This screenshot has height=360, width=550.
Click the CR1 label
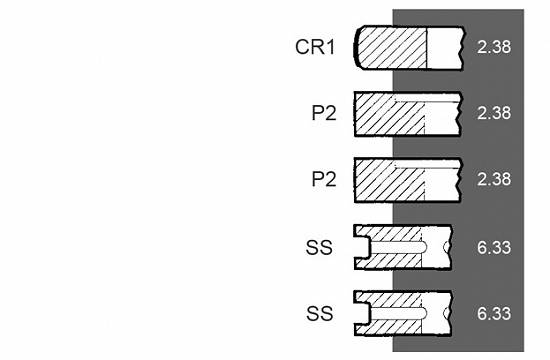pos(315,47)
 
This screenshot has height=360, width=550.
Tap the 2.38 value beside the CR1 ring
pos(494,47)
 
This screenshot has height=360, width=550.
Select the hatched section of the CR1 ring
pos(392,48)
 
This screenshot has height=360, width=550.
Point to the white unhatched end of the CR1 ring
pos(445,48)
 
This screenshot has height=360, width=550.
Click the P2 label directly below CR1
pos(324,113)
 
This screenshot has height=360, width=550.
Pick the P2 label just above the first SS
pos(324,179)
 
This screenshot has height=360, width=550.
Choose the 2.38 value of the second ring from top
pos(494,113)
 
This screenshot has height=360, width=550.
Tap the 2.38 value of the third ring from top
pos(494,179)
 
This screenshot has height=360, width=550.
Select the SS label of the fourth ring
pos(319,247)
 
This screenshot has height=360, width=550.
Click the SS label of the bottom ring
pos(319,313)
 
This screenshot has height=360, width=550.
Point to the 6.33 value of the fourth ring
pos(494,247)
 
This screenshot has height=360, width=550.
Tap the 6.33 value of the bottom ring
pos(494,313)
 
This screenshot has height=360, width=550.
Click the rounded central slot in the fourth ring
pos(398,247)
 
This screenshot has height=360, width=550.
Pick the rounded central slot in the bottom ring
pos(398,313)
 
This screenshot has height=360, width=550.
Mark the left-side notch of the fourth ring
pos(362,247)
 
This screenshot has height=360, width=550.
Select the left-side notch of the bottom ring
pos(362,313)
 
